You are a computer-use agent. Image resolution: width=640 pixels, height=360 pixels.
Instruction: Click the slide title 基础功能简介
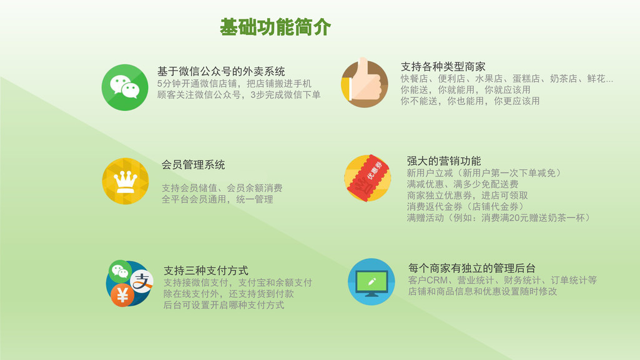[275, 27]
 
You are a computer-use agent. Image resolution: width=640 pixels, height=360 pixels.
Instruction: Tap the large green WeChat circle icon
[125, 87]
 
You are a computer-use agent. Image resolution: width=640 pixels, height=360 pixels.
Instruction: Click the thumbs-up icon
[365, 83]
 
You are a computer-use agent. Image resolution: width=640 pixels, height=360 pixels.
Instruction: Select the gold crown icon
[126, 181]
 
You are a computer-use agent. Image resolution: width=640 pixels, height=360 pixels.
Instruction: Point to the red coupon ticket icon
[367, 178]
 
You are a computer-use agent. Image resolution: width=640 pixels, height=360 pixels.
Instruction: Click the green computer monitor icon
[372, 282]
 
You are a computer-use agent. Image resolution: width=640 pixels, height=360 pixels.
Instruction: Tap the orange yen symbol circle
[122, 295]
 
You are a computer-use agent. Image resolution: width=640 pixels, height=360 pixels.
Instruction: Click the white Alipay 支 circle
[142, 281]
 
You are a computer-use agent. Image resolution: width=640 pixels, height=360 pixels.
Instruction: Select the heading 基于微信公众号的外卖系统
[221, 71]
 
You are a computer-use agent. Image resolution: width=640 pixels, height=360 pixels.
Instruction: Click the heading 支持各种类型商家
[443, 67]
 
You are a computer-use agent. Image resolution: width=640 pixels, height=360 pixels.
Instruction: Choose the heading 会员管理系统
[194, 165]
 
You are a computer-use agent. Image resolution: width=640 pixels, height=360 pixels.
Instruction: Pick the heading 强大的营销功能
[444, 160]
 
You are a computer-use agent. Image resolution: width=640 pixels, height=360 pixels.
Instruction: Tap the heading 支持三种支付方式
[205, 270]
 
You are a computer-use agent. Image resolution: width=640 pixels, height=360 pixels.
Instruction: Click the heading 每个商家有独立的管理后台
[472, 268]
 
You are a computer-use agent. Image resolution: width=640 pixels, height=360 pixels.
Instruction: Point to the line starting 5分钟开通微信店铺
[234, 84]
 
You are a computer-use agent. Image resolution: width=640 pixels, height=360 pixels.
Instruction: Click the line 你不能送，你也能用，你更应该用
[470, 100]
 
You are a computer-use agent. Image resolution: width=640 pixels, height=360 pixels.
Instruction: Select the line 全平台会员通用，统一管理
[217, 200]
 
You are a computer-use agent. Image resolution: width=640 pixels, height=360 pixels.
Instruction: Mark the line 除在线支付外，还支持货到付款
[229, 293]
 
